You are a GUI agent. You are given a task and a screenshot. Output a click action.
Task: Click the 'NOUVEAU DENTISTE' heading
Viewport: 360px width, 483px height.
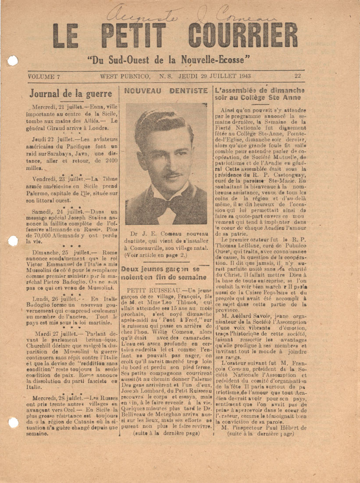click(x=166, y=91)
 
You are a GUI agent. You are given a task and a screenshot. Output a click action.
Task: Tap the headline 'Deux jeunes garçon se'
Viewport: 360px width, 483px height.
click(x=166, y=268)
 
